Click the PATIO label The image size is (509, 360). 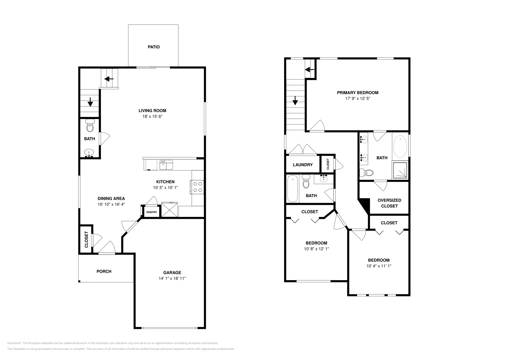(x=154, y=47)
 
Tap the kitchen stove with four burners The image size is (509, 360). (x=197, y=187)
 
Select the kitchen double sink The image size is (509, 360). (x=166, y=165)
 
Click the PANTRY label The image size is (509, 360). (x=152, y=212)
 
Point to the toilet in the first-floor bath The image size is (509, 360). (x=90, y=127)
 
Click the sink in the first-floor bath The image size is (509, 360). (x=89, y=153)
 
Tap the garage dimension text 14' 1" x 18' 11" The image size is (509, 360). (x=172, y=278)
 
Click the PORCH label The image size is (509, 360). (x=104, y=271)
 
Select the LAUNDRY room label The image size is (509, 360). (x=303, y=165)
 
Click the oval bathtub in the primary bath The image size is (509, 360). (x=400, y=147)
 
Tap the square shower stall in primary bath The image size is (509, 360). (x=400, y=170)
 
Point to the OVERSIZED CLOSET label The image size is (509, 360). (x=389, y=203)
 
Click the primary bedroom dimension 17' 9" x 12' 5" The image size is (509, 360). (x=358, y=99)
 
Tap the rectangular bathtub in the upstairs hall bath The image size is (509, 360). (x=292, y=189)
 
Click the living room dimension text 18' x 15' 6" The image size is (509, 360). (x=152, y=116)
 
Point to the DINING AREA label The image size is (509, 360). (x=111, y=198)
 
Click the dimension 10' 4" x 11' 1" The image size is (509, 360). (x=379, y=266)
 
